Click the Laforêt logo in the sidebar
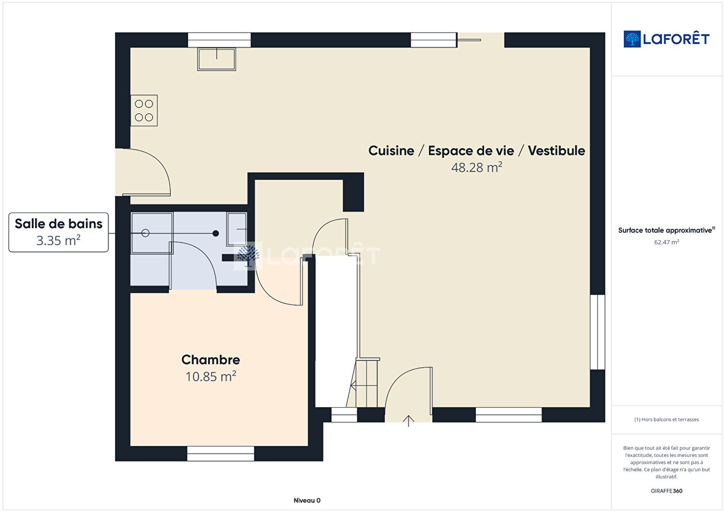(x=667, y=39)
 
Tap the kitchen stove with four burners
(x=144, y=111)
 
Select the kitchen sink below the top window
(x=217, y=59)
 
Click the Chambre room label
(x=210, y=360)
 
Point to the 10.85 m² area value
(x=210, y=377)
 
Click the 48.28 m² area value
(x=477, y=168)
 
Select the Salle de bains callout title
(x=58, y=223)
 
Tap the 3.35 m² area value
(x=58, y=241)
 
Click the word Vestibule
(x=556, y=151)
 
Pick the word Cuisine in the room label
(x=391, y=151)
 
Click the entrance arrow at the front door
(x=409, y=421)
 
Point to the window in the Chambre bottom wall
(x=220, y=454)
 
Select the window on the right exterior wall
(x=598, y=332)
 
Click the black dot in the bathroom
(x=216, y=233)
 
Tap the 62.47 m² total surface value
(x=667, y=242)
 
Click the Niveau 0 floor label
(x=307, y=500)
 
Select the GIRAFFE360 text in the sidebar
(x=667, y=491)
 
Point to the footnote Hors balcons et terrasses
(x=667, y=419)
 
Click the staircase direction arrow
(x=364, y=386)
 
